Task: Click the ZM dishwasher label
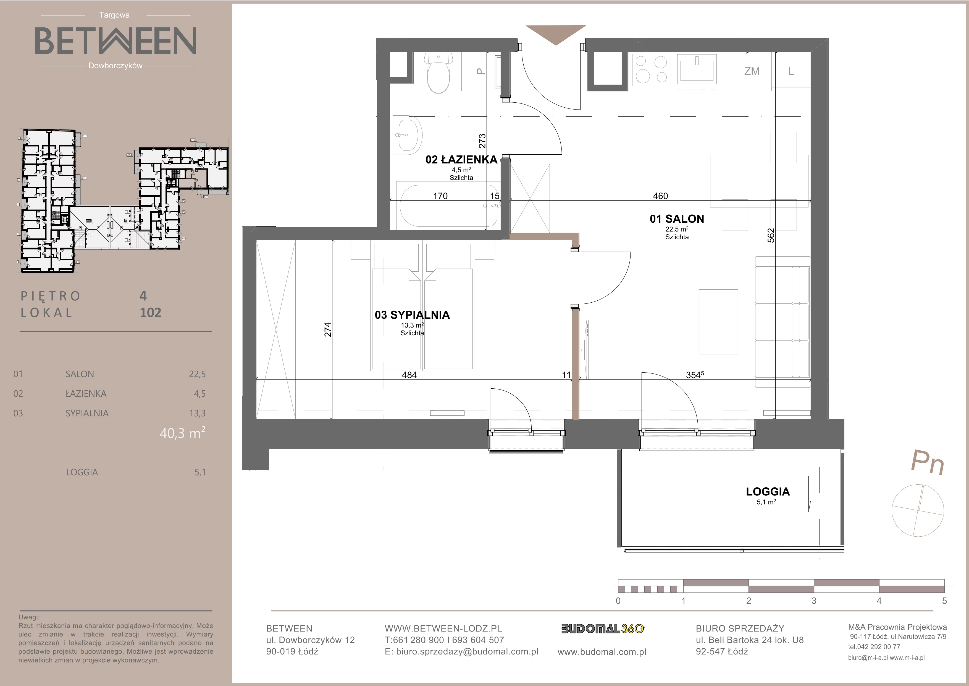(752, 71)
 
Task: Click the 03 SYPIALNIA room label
(412, 315)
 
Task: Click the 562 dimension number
(771, 235)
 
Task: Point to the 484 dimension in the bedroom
(409, 375)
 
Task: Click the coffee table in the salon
(718, 322)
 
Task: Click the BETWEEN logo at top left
(115, 41)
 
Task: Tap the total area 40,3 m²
(182, 433)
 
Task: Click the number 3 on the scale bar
(814, 601)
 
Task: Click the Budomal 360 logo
(603, 629)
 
